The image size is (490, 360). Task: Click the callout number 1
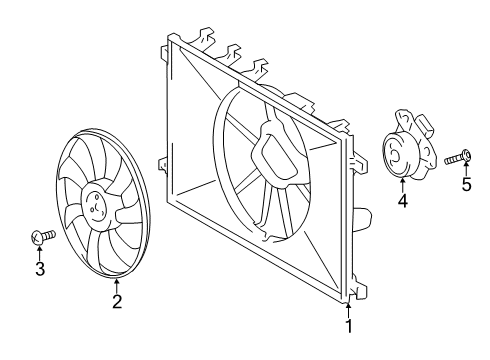tap(349, 325)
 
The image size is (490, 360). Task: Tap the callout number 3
tap(39, 269)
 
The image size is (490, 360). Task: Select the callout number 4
tap(402, 200)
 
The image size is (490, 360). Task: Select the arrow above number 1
tap(349, 307)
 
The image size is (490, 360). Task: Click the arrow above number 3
tap(39, 252)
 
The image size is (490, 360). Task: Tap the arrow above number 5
tap(465, 168)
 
